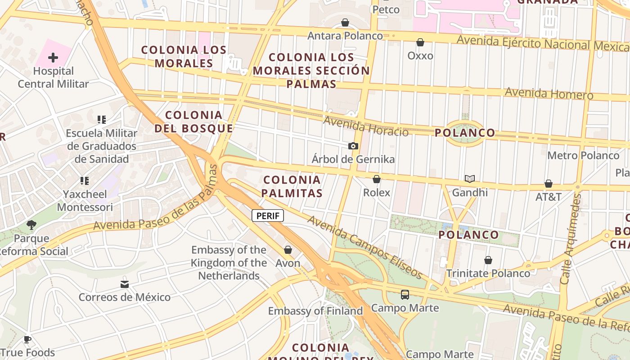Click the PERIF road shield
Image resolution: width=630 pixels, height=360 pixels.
(268, 216)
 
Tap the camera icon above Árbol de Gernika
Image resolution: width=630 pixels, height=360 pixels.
(353, 146)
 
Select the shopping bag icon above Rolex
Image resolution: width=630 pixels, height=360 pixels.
(377, 179)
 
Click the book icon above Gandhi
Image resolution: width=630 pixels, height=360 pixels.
(470, 179)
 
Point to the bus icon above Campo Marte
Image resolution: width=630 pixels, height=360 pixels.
(405, 295)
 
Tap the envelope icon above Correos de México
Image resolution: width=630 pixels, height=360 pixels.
(125, 284)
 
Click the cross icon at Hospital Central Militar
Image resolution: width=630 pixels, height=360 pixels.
(53, 58)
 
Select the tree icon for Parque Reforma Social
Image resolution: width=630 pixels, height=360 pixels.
(31, 225)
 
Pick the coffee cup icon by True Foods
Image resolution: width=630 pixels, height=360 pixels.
(27, 339)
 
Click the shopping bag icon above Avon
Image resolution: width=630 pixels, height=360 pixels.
(288, 250)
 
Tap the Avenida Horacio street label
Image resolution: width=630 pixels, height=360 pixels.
(366, 126)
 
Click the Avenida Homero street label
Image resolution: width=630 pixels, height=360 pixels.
(549, 94)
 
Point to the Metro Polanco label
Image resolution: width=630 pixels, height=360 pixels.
(583, 156)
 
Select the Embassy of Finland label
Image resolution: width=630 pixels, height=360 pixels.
(315, 311)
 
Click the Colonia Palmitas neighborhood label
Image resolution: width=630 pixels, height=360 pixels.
(292, 186)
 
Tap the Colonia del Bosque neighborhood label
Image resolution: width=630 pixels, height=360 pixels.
(194, 121)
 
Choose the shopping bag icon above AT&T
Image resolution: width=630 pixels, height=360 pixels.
(549, 184)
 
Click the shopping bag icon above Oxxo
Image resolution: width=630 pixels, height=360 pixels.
(420, 42)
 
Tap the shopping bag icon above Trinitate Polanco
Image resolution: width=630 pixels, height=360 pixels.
(488, 260)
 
